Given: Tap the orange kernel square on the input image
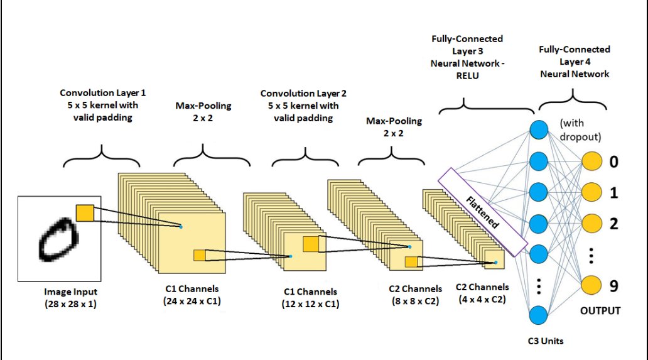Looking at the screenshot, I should (84, 213).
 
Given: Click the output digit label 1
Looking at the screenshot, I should (614, 193).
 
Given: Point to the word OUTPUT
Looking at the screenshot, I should (600, 311).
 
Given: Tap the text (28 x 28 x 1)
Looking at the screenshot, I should (71, 304).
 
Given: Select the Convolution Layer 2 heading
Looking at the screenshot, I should (300, 94).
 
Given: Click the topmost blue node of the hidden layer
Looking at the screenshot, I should (539, 130).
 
